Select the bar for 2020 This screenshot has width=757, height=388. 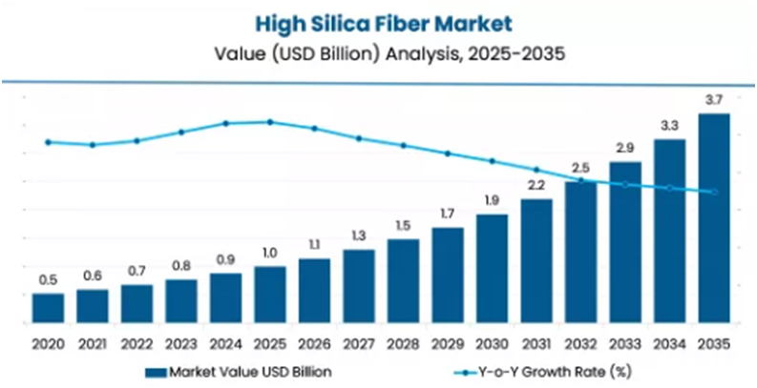[48, 307]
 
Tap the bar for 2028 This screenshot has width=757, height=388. [403, 280]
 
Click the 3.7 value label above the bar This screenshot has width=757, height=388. [714, 100]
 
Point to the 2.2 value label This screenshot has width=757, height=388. [536, 185]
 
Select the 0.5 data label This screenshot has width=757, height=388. [48, 279]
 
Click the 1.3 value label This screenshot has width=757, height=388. [359, 235]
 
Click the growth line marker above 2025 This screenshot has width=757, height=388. [270, 122]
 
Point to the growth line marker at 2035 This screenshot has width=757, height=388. [714, 193]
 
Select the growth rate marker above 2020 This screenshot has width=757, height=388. [48, 142]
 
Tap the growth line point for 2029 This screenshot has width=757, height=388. [448, 153]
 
